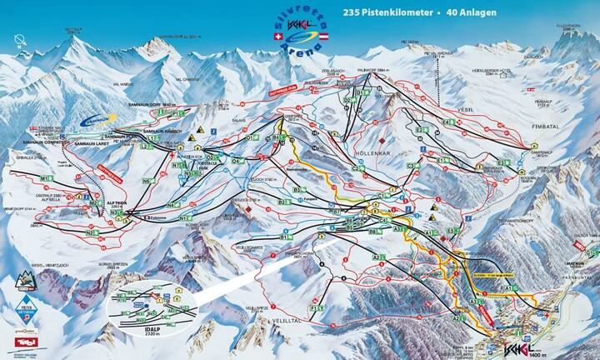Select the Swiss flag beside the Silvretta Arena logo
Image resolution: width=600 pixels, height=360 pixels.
278,37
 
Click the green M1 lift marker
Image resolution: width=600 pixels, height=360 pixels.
46,177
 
